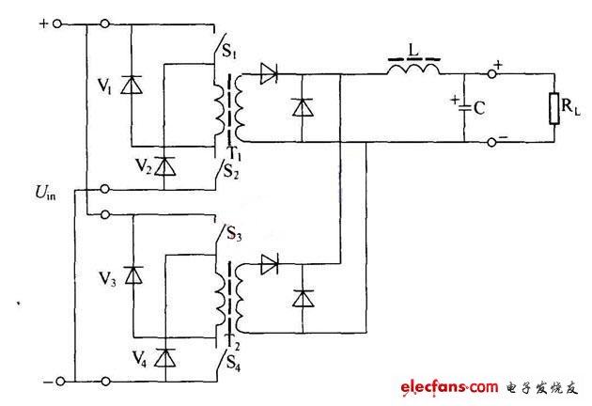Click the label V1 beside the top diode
tap(104, 89)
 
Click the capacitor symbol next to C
tap(462, 108)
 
